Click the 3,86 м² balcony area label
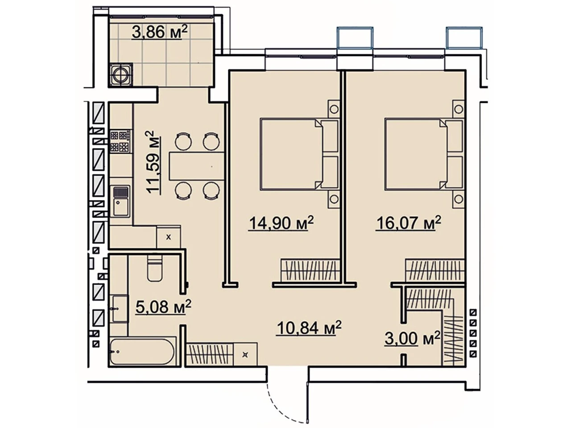click(x=159, y=32)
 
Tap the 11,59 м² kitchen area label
click(x=153, y=162)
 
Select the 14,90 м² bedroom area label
click(x=281, y=223)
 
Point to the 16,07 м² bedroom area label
click(x=409, y=223)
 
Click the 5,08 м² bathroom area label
click(x=163, y=307)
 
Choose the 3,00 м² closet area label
click(x=412, y=338)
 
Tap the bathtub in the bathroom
click(x=142, y=352)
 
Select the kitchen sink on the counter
click(x=121, y=201)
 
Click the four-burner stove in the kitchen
click(x=120, y=142)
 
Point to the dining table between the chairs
click(x=197, y=166)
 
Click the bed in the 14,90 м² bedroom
click(x=300, y=153)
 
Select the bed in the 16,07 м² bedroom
click(x=425, y=153)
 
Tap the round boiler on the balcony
click(x=121, y=74)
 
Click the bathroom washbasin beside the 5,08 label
click(x=120, y=309)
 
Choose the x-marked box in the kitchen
click(x=169, y=237)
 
